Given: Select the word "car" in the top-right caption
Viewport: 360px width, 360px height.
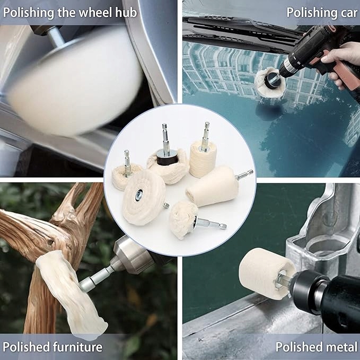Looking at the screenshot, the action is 349,13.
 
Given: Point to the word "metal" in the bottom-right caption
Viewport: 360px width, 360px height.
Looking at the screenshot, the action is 341,347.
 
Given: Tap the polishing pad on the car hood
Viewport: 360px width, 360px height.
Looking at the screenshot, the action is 269,82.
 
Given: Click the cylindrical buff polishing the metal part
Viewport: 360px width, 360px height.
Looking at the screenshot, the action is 266,273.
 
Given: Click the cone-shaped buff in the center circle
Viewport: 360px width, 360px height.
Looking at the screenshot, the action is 213,187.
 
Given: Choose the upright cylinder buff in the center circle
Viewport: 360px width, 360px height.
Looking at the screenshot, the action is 203,159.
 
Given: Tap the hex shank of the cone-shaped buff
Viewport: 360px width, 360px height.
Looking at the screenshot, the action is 244,175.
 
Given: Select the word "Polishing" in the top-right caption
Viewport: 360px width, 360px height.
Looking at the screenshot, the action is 312,13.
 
